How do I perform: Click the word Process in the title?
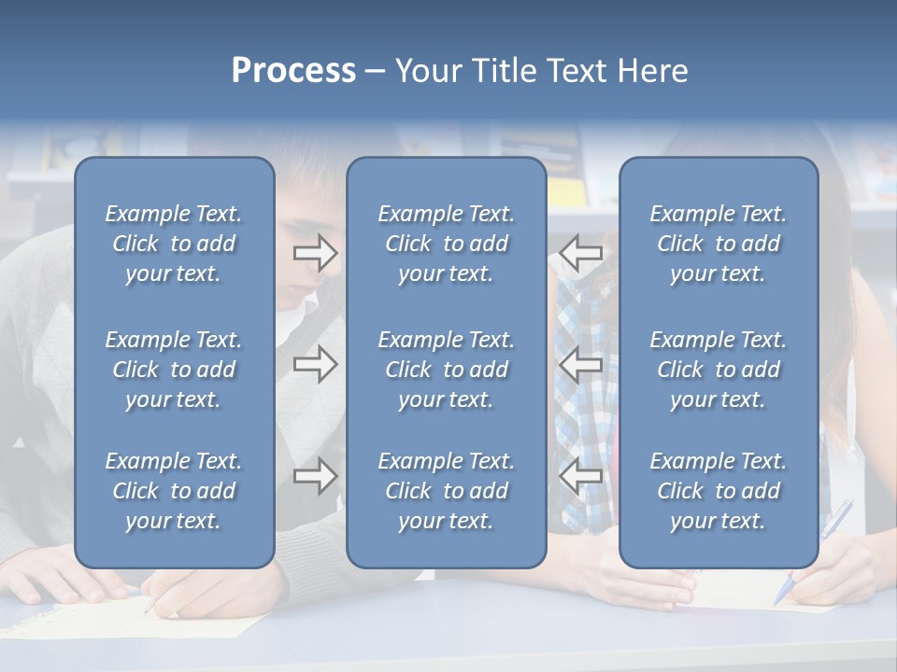293,71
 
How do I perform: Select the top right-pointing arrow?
316,253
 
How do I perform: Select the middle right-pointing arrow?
316,364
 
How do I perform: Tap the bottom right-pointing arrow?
316,477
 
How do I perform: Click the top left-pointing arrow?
581,253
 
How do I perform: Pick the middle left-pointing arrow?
581,364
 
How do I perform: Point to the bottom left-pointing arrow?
581,477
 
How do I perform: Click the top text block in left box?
174,244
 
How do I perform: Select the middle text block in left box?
174,370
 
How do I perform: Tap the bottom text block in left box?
174,491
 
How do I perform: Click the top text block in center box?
446,244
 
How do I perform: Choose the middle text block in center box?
446,370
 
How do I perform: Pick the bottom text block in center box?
446,491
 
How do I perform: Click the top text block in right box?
718,244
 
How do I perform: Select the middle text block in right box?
718,370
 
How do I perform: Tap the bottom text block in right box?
718,491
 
